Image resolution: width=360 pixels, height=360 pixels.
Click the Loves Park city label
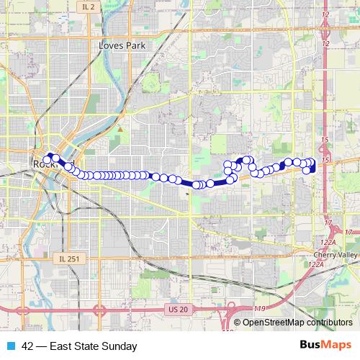pyautogui.click(x=122, y=45)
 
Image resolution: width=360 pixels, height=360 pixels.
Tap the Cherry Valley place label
pyautogui.click(x=335, y=255)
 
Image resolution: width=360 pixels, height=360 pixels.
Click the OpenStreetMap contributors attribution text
pyautogui.click(x=297, y=323)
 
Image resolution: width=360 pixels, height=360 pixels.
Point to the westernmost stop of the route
pyautogui.click(x=48, y=159)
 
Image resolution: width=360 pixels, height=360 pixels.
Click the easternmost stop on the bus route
pyautogui.click(x=312, y=163)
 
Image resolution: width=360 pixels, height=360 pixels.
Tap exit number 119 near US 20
pyautogui.click(x=259, y=308)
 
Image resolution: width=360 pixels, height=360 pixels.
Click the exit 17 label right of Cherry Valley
pyautogui.click(x=349, y=232)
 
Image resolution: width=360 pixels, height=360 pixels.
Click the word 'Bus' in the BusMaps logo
pyautogui.click(x=311, y=345)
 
